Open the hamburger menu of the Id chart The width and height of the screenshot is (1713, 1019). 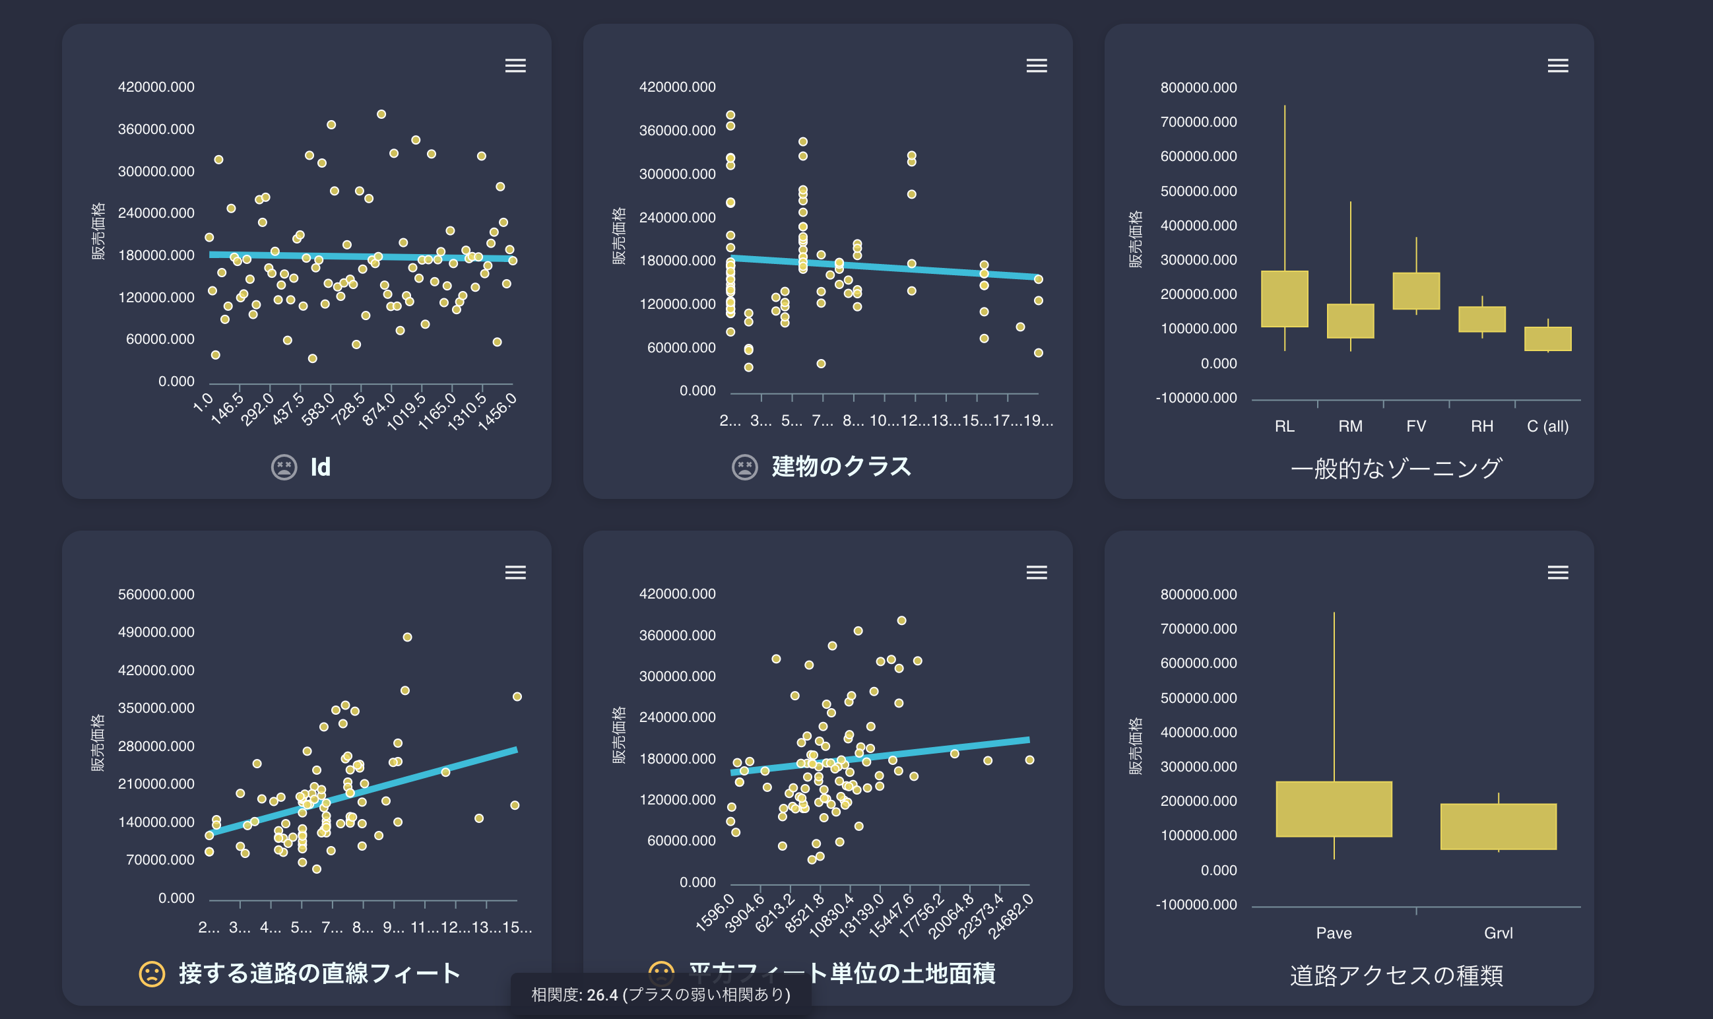click(515, 66)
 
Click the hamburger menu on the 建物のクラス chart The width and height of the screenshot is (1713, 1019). click(1036, 66)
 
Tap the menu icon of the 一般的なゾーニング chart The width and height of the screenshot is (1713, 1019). click(1557, 66)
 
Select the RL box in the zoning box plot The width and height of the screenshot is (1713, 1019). click(1284, 299)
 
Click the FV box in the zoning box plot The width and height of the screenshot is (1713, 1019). click(1415, 291)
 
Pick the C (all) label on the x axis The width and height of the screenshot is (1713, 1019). click(1547, 426)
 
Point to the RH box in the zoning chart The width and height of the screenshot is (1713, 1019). click(1481, 319)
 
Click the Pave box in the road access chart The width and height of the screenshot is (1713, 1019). click(1334, 809)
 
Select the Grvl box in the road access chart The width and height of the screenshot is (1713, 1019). click(1497, 826)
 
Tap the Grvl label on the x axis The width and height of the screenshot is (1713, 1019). click(1497, 933)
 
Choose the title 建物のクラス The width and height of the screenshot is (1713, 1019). click(841, 467)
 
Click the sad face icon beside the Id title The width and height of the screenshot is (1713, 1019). click(284, 468)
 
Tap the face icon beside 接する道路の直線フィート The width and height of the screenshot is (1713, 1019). click(152, 973)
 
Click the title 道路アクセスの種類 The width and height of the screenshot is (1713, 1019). click(1396, 975)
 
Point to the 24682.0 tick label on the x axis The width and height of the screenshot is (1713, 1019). click(1011, 917)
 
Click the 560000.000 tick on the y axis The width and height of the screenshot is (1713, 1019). click(156, 595)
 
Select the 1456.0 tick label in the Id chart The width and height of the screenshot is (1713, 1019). click(496, 412)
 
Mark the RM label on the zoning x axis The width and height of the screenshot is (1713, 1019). click(1350, 426)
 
